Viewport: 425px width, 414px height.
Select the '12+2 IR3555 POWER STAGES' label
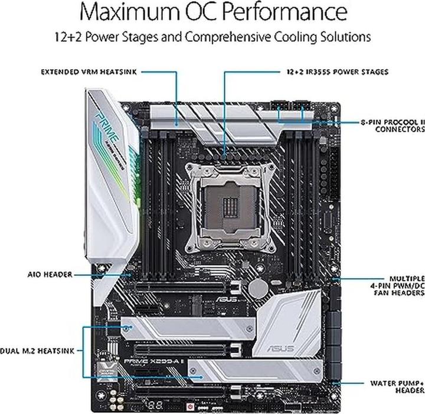[x=334, y=72]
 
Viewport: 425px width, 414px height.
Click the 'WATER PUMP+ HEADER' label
[x=397, y=386]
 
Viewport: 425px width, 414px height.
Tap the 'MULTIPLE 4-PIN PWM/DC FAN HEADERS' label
[x=398, y=286]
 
